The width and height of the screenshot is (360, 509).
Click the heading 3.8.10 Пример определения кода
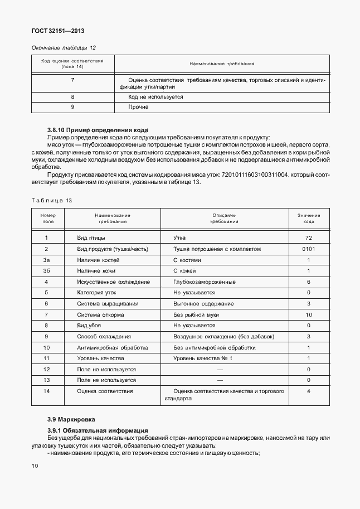98,130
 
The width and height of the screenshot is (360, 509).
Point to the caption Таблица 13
51,200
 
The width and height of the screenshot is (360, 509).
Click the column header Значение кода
308,218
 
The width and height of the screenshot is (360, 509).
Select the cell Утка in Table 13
179,238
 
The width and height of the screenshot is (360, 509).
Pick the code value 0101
308,249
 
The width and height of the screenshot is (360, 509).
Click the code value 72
308,238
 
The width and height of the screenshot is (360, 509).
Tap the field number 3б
46,271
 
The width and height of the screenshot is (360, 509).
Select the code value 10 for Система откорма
308,315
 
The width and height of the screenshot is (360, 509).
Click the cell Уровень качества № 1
202,358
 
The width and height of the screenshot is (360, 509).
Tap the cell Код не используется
155,96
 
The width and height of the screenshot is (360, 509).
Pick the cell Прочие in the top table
138,106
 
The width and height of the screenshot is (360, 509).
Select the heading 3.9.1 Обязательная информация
98,430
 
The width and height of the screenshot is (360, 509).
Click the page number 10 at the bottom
35,466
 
